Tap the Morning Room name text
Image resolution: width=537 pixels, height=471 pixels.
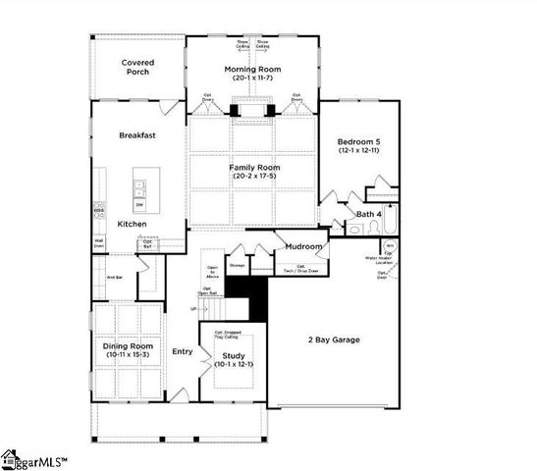point(254,69)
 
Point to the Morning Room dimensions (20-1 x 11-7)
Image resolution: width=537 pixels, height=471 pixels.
point(254,78)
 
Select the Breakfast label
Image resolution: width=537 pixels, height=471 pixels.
point(138,134)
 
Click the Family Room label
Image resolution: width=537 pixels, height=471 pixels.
point(254,168)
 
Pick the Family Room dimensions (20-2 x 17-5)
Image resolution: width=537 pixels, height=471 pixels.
point(254,178)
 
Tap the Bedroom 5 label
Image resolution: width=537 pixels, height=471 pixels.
point(358,141)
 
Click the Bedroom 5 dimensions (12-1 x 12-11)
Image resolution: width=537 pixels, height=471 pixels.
point(358,151)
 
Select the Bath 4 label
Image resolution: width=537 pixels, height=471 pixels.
point(368,213)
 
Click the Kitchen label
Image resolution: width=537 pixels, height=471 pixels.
point(133,225)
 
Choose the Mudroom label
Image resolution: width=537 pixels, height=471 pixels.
point(304,246)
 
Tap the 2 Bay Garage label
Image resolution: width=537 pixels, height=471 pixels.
point(333,340)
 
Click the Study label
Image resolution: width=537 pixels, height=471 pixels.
point(234,355)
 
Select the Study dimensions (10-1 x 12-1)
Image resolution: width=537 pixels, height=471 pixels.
point(234,365)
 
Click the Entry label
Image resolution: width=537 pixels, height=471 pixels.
point(183,351)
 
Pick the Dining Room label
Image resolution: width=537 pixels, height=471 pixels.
point(129,345)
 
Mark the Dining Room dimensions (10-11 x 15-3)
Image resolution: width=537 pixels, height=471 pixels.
point(129,355)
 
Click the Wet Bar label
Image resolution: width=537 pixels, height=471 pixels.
point(114,277)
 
